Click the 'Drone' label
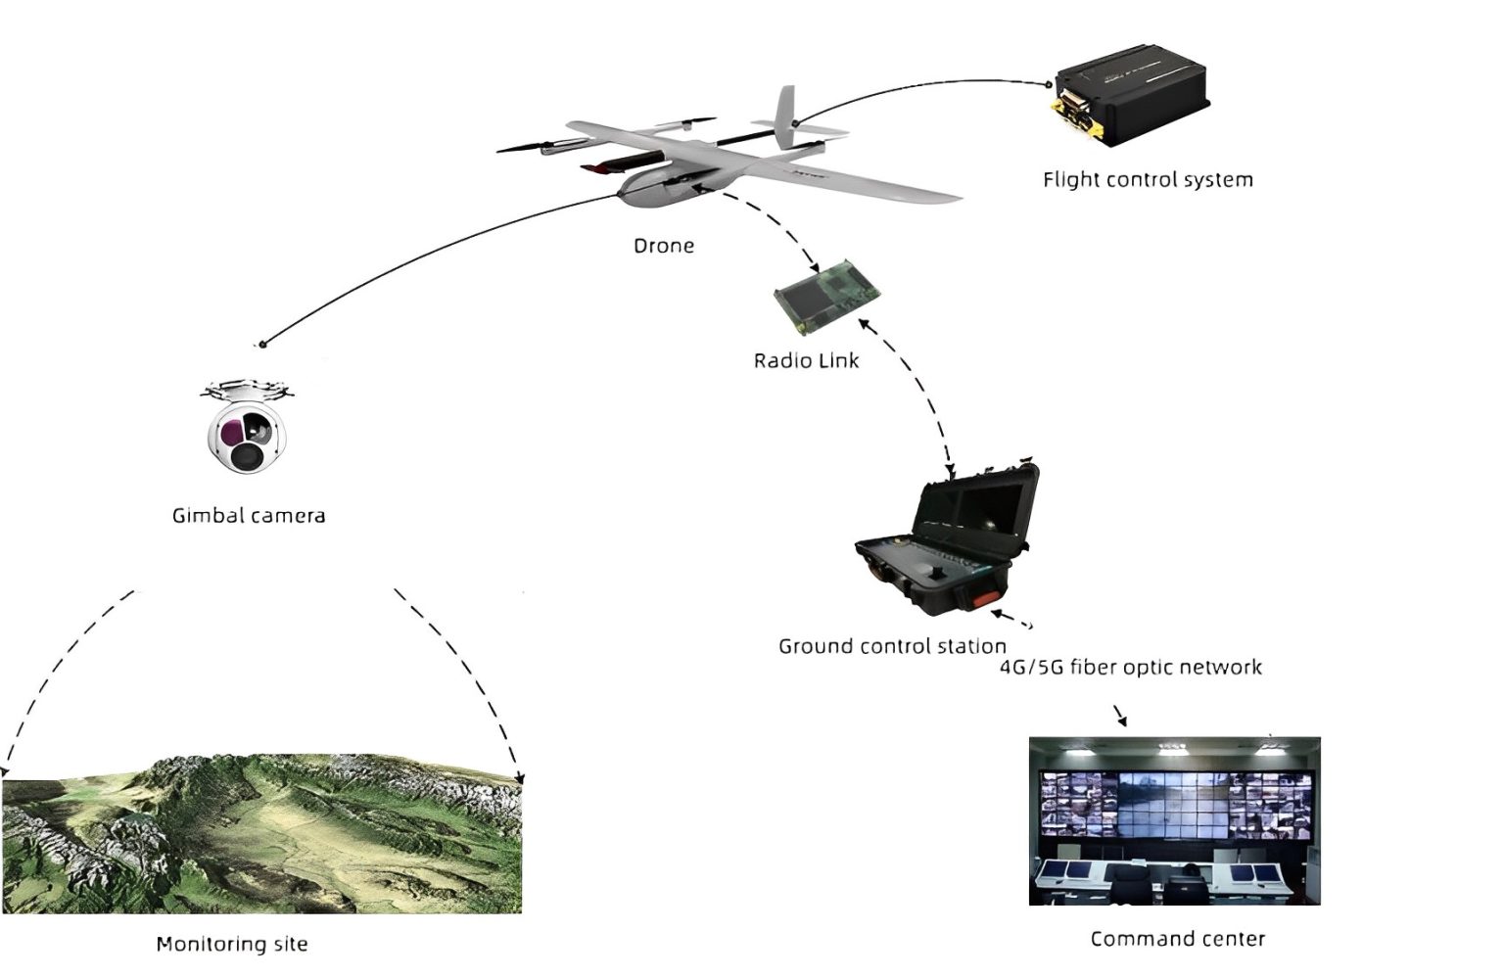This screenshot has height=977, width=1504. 663,246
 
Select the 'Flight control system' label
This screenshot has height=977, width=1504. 1147,180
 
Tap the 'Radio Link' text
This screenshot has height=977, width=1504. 805,360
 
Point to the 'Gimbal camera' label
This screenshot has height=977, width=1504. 249,515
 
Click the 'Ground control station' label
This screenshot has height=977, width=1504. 891,646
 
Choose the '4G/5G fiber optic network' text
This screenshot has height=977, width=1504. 1130,668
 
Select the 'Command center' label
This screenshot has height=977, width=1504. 1177,939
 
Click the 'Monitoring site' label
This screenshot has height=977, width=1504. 232,944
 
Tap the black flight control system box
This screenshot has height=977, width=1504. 1136,93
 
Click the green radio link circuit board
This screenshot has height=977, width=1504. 828,292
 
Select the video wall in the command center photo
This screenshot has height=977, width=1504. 1174,802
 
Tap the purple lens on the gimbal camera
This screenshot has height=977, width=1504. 232,431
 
